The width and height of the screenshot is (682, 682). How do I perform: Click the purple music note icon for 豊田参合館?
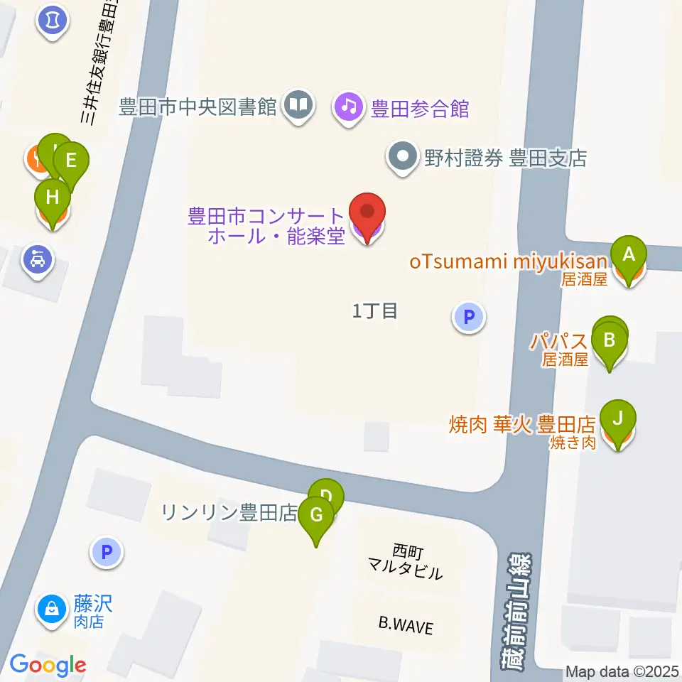click(x=347, y=107)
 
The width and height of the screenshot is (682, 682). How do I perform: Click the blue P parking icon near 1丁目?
click(x=468, y=317)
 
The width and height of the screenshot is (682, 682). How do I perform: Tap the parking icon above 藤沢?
click(x=107, y=551)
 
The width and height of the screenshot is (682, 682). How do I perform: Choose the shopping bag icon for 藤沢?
click(x=52, y=609)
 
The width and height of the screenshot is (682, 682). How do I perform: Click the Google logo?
click(x=48, y=666)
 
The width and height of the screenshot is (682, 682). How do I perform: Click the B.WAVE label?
click(x=405, y=625)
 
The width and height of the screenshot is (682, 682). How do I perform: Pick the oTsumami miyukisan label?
click(x=508, y=261)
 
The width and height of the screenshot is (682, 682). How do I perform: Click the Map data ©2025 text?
click(x=622, y=671)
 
